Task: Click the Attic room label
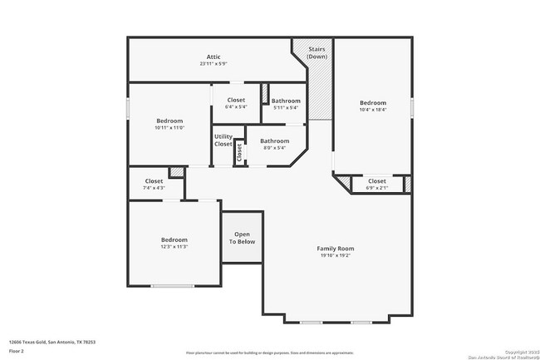214,57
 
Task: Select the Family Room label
336,249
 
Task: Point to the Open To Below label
243,238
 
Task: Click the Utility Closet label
223,141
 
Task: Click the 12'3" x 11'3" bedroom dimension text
174,246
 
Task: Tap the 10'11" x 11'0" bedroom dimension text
169,127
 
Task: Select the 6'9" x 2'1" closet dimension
377,188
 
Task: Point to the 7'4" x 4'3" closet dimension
154,188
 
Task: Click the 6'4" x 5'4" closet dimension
236,106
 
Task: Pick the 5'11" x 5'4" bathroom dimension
286,107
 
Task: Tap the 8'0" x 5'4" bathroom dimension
274,148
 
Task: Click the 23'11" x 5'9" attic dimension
214,63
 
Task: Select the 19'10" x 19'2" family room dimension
336,256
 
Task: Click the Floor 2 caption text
17,351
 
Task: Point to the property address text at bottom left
52,341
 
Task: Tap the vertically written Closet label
239,153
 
